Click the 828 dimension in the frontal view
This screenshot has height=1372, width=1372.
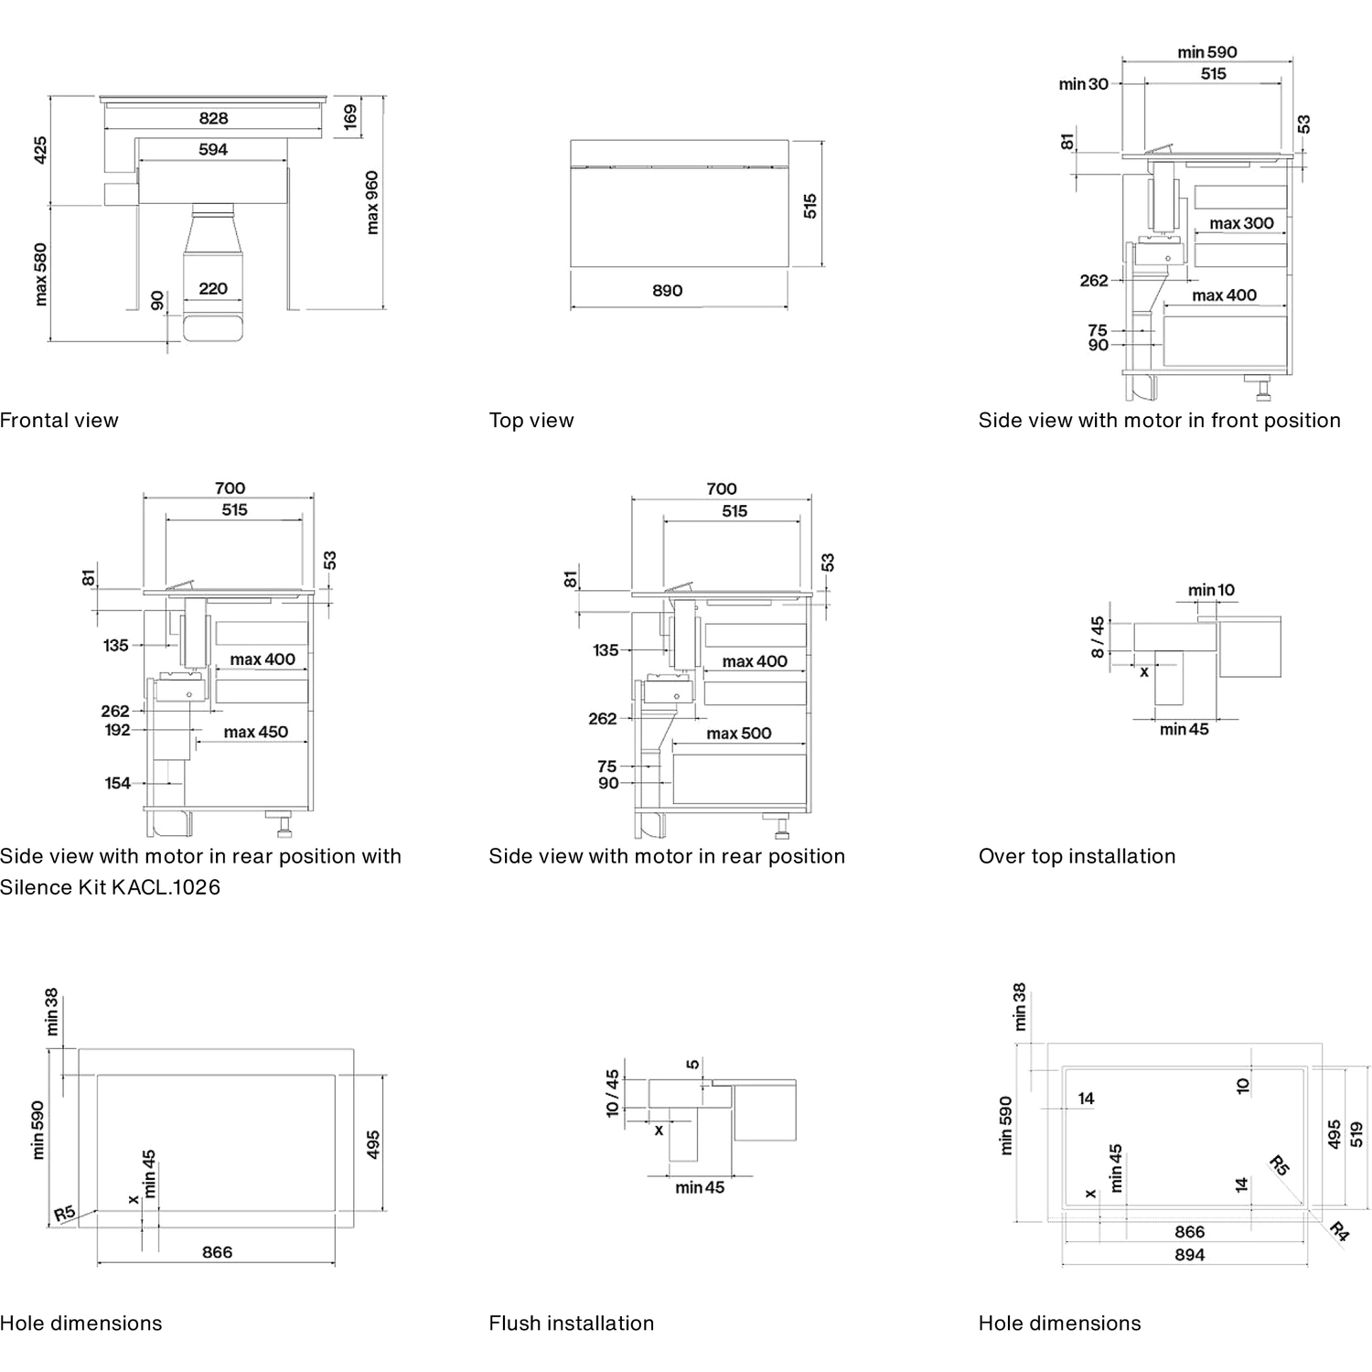tap(213, 118)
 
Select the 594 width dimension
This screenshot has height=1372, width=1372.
tap(213, 149)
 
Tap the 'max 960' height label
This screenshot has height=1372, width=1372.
tap(372, 202)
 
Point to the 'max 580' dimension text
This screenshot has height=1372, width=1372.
tap(40, 274)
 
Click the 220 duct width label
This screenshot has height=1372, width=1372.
tap(213, 288)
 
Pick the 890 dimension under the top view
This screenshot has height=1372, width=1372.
tap(668, 290)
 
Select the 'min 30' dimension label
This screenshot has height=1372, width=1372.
tap(1084, 84)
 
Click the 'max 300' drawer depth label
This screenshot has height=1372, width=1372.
tap(1241, 223)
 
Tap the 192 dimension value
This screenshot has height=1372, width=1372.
tap(118, 730)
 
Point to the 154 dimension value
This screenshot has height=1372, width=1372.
tap(118, 783)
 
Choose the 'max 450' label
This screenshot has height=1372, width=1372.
tap(256, 732)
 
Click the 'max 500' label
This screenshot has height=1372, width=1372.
tap(739, 734)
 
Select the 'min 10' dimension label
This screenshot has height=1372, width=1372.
tap(1211, 590)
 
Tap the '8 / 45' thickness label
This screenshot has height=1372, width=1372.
tap(1098, 638)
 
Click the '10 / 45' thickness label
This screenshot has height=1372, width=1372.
tap(612, 1094)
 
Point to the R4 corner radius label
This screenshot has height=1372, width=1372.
tap(1338, 1231)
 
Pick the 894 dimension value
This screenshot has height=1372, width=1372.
tap(1190, 1255)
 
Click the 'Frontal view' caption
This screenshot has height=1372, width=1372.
tap(59, 421)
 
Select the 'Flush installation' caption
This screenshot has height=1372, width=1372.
tap(572, 1324)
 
